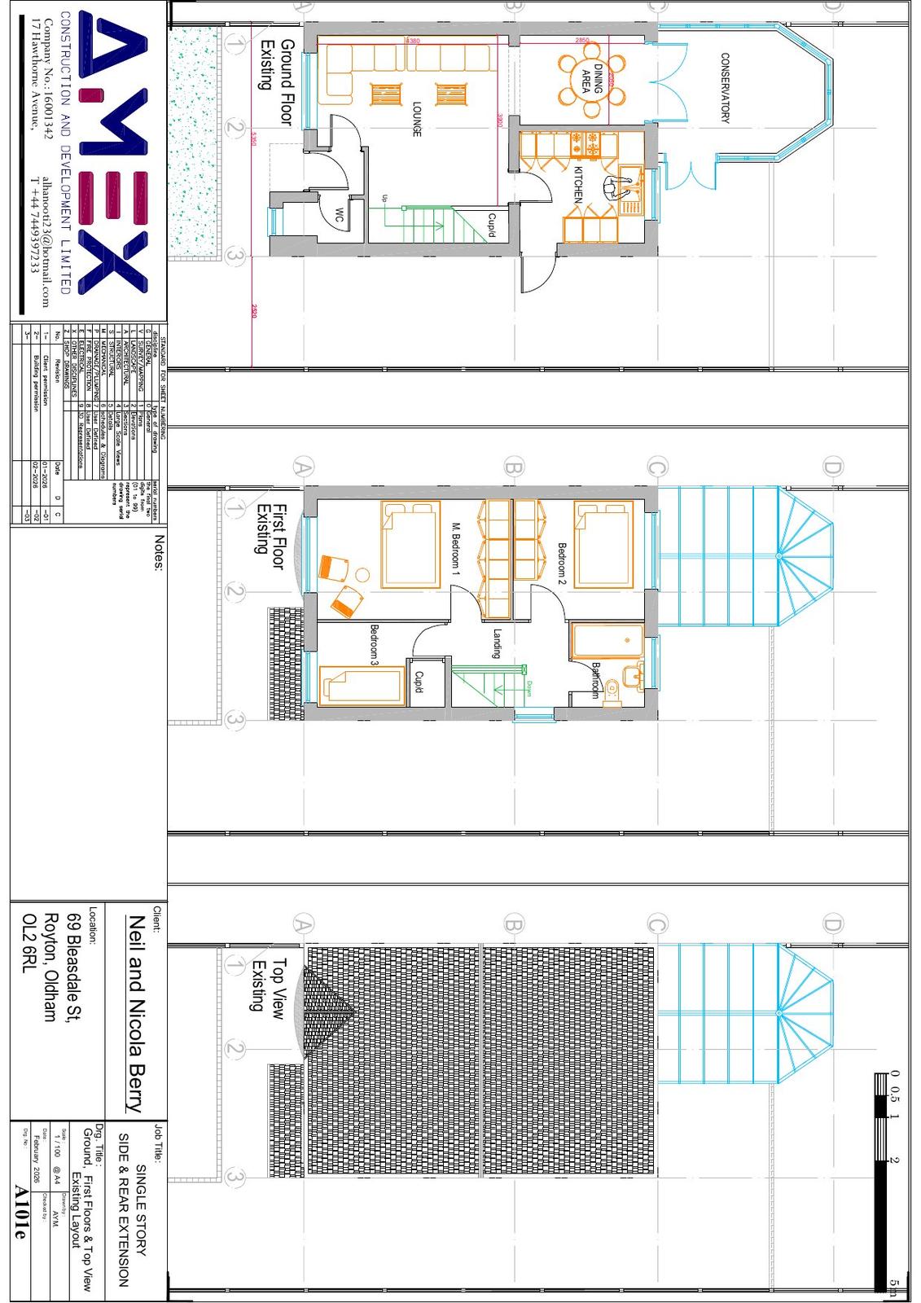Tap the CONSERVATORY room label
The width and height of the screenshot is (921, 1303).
pyautogui.click(x=725, y=88)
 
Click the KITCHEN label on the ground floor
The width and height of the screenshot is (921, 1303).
pyautogui.click(x=577, y=185)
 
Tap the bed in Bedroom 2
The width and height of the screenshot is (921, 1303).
pyautogui.click(x=603, y=545)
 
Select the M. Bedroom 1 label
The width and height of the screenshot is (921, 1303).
pyautogui.click(x=456, y=551)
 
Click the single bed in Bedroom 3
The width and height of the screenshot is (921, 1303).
pyautogui.click(x=362, y=685)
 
